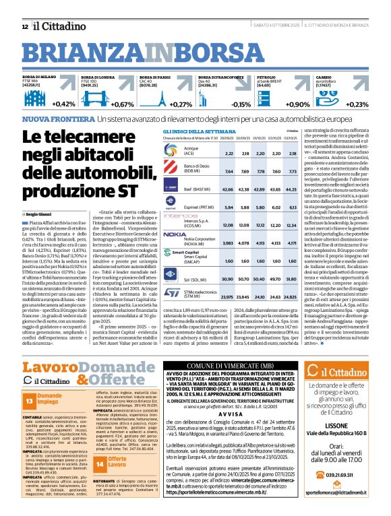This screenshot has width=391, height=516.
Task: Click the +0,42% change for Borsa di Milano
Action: (62, 104)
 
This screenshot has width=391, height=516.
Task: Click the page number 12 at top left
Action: (25, 26)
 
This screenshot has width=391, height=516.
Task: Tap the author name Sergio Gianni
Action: (40, 194)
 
